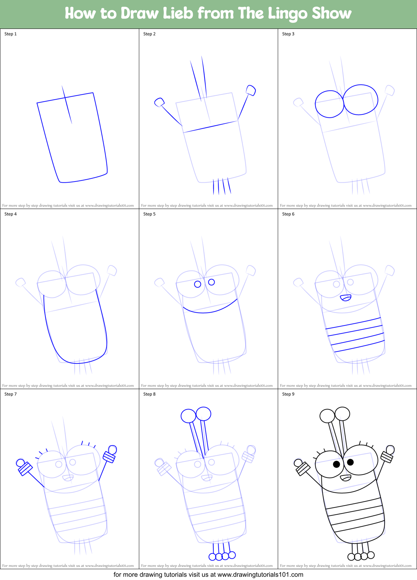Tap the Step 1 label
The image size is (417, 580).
pyautogui.click(x=10, y=34)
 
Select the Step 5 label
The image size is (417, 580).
pyautogui.click(x=149, y=214)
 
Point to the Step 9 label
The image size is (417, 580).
pyautogui.click(x=288, y=394)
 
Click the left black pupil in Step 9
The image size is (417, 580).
pyautogui.click(x=337, y=464)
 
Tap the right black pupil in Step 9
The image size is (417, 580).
pyautogui.click(x=350, y=462)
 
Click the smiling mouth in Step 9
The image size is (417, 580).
pyautogui.click(x=346, y=478)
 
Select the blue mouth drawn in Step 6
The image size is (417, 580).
pyautogui.click(x=346, y=298)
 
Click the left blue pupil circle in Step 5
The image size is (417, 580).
pyautogui.click(x=198, y=284)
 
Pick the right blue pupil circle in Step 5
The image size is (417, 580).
pyautogui.click(x=212, y=282)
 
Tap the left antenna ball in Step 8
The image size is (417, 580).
pyautogui.click(x=188, y=416)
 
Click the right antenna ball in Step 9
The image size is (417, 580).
pyautogui.click(x=342, y=414)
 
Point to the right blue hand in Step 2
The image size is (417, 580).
pyautogui.click(x=251, y=90)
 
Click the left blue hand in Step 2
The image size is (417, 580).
pyautogui.click(x=159, y=102)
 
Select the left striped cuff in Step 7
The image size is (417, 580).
pyautogui.click(x=25, y=469)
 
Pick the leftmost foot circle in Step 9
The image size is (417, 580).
pyautogui.click(x=351, y=557)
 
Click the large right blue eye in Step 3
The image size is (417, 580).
pyautogui.click(x=360, y=100)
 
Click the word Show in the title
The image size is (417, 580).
pyautogui.click(x=332, y=13)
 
